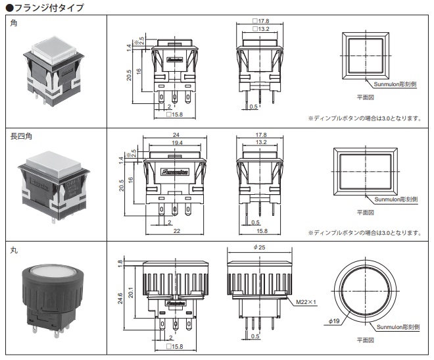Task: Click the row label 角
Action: (x=14, y=24)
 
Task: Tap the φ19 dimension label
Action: (x=335, y=321)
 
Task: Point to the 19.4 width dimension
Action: (x=177, y=142)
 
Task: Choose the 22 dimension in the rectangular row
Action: (x=177, y=232)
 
